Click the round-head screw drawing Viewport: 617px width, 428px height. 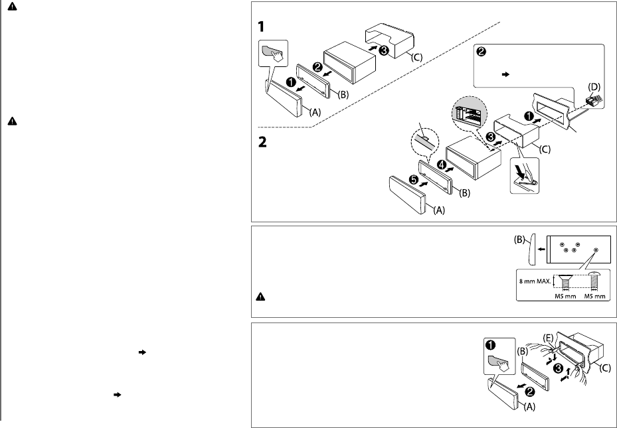click(x=596, y=281)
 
